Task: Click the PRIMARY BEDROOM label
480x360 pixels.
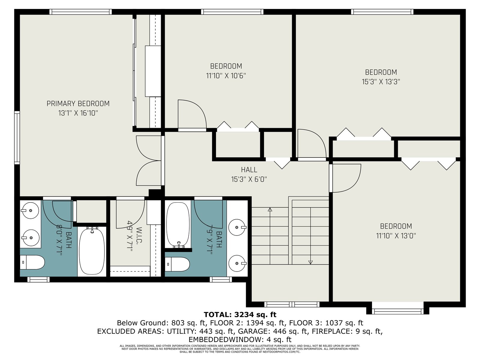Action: click(x=78, y=103)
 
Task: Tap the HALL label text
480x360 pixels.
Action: click(x=249, y=169)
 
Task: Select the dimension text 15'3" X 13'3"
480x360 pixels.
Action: click(x=381, y=82)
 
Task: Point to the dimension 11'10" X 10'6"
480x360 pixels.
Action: click(x=226, y=76)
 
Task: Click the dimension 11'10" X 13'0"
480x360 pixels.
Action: click(x=396, y=236)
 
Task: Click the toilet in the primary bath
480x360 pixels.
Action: click(x=32, y=262)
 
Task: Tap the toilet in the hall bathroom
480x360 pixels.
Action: click(x=177, y=264)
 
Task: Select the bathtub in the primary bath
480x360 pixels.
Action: click(x=92, y=250)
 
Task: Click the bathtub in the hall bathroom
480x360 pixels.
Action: click(x=178, y=225)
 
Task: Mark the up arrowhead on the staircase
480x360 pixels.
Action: click(x=270, y=210)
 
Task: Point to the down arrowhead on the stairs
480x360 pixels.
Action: click(x=310, y=262)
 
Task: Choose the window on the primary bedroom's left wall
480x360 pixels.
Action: click(x=17, y=137)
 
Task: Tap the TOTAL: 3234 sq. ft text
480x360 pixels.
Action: click(x=240, y=314)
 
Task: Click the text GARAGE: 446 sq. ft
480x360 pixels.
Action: click(x=272, y=331)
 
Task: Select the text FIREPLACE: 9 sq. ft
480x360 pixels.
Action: click(x=347, y=331)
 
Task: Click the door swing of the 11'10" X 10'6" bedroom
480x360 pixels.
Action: click(x=192, y=114)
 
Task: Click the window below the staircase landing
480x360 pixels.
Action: click(x=292, y=304)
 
